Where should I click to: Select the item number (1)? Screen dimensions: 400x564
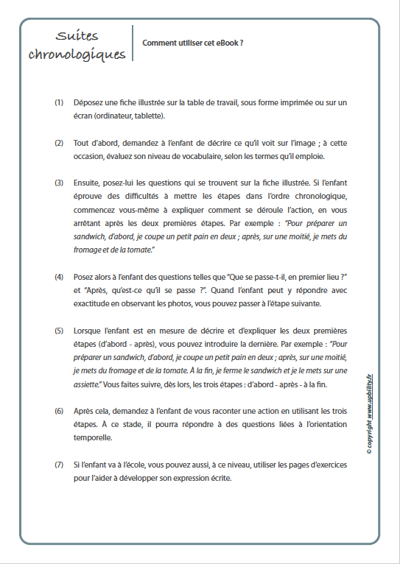click(x=59, y=102)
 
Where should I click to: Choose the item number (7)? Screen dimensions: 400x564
click(x=59, y=465)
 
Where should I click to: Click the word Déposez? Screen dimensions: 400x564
click(x=88, y=102)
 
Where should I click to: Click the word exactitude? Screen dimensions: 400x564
click(x=97, y=303)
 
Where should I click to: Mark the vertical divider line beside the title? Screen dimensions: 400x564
click(x=133, y=43)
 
